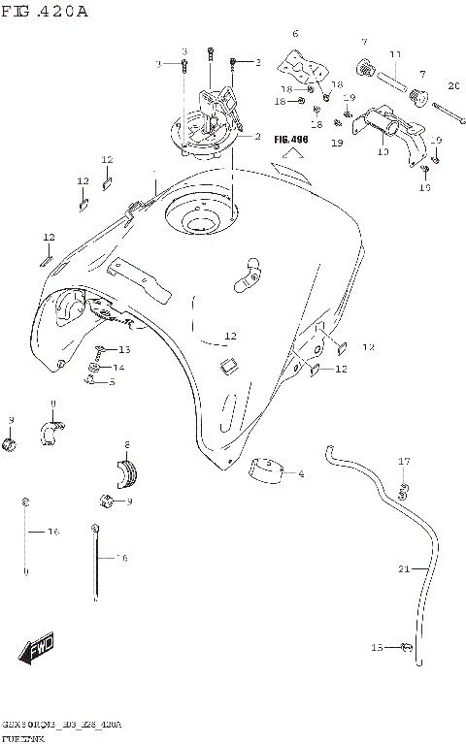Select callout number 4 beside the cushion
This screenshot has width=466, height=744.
click(301, 474)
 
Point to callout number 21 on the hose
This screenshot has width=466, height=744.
click(403, 569)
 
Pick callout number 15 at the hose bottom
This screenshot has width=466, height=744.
click(377, 647)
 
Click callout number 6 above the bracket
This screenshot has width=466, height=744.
click(295, 34)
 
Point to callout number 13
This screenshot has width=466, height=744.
click(124, 349)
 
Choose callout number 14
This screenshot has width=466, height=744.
click(118, 368)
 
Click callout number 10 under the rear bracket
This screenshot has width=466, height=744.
click(383, 151)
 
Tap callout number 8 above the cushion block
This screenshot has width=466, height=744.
click(126, 444)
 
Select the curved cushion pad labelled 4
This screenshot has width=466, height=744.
click(266, 467)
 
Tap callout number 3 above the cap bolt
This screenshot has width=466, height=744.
click(184, 50)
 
